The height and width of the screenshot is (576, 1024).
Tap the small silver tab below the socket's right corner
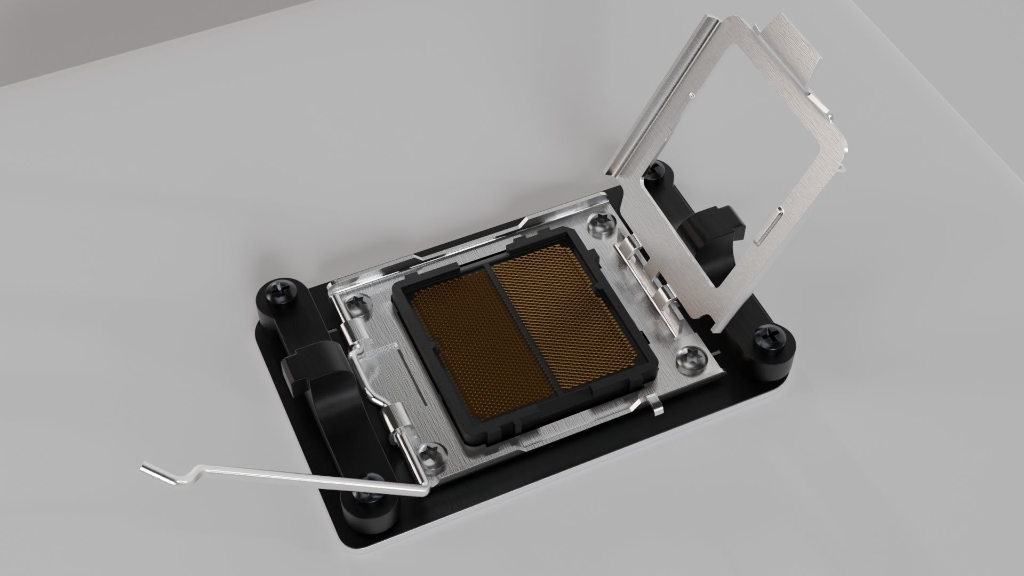click(x=657, y=407)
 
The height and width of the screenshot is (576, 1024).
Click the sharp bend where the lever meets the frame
click(x=421, y=489)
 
